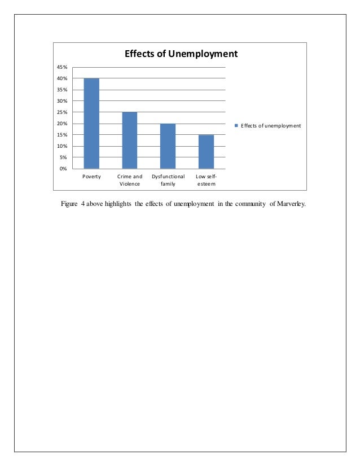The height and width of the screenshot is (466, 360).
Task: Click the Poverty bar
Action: click(x=91, y=124)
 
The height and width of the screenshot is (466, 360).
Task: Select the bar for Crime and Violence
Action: click(x=130, y=140)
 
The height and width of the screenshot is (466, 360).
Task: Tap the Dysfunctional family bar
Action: click(x=168, y=146)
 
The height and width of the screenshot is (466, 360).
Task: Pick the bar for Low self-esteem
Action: click(x=206, y=152)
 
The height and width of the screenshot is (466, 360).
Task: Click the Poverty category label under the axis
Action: click(x=91, y=177)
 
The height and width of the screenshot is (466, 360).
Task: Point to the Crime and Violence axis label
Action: click(x=130, y=180)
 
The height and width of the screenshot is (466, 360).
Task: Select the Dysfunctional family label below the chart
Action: click(x=168, y=180)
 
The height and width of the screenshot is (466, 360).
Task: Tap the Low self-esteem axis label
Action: click(x=206, y=180)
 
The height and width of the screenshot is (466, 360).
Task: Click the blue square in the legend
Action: click(x=237, y=125)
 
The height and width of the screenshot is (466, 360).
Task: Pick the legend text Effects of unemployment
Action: click(x=271, y=125)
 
